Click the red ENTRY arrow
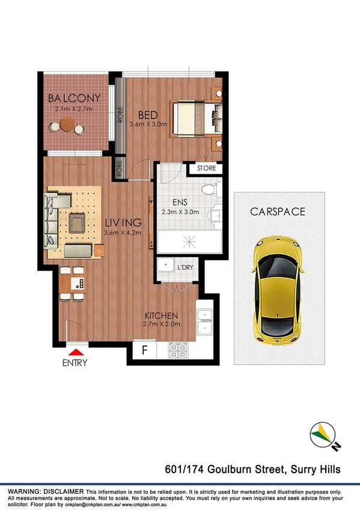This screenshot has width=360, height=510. click(x=76, y=352)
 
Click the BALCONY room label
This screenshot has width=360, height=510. click(x=75, y=99)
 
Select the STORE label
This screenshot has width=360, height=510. click(x=206, y=168)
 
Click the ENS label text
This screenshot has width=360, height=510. click(x=176, y=203)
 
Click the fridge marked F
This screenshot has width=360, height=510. click(x=144, y=349)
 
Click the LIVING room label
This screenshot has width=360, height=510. click(x=123, y=223)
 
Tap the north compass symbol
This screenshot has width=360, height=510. click(x=323, y=436)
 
